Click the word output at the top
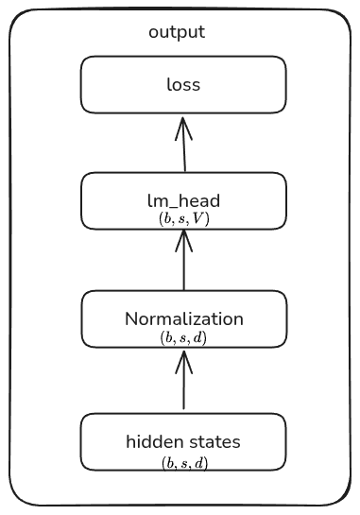(177, 32)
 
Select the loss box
(183, 84)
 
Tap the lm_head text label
(183, 200)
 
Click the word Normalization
(183, 318)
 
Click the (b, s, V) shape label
(183, 218)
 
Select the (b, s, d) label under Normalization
(183, 337)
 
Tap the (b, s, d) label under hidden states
(183, 462)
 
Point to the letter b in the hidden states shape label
(168, 462)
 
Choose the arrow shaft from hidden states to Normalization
(183, 387)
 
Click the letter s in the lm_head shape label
(183, 218)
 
